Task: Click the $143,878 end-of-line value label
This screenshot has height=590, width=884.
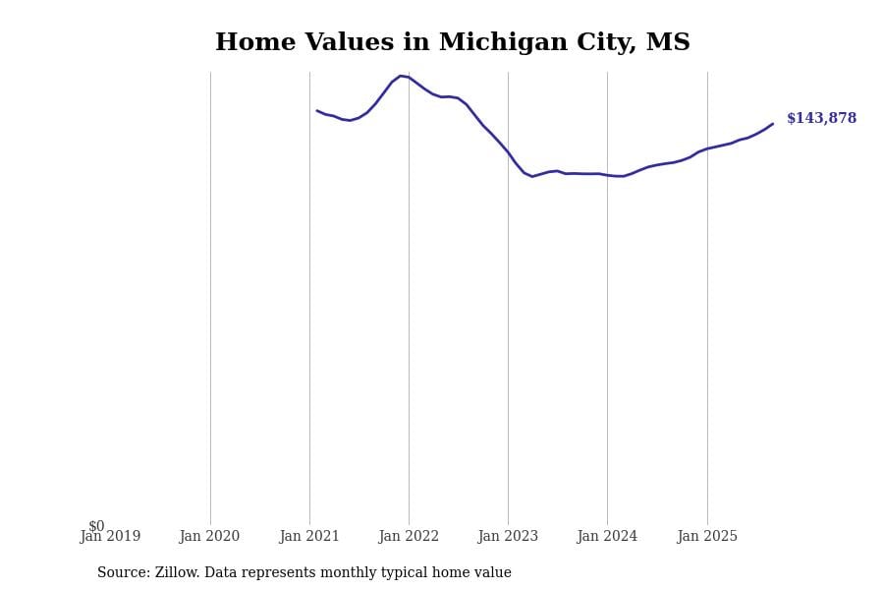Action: tap(821, 119)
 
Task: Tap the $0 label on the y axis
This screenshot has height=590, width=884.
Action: tap(96, 526)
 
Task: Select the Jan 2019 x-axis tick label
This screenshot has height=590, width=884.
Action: tap(110, 537)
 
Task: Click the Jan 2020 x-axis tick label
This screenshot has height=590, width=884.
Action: tap(209, 537)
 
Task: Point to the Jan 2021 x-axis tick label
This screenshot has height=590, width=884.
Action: tap(309, 537)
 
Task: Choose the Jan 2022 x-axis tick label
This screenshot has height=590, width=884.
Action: tap(409, 537)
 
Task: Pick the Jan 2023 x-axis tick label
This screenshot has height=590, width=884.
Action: tap(508, 537)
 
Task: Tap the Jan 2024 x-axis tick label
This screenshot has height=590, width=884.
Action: tap(607, 537)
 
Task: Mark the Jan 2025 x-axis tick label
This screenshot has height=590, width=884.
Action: tap(707, 537)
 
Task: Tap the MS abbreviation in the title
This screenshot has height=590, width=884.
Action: tap(667, 43)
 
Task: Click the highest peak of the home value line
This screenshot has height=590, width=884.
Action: tap(401, 76)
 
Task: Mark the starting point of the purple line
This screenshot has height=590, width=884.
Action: tap(316, 110)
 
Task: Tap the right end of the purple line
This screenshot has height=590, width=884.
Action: tap(773, 124)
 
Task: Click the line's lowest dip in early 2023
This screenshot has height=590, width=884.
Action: tap(532, 176)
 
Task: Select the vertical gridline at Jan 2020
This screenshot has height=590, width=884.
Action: tap(210, 295)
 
